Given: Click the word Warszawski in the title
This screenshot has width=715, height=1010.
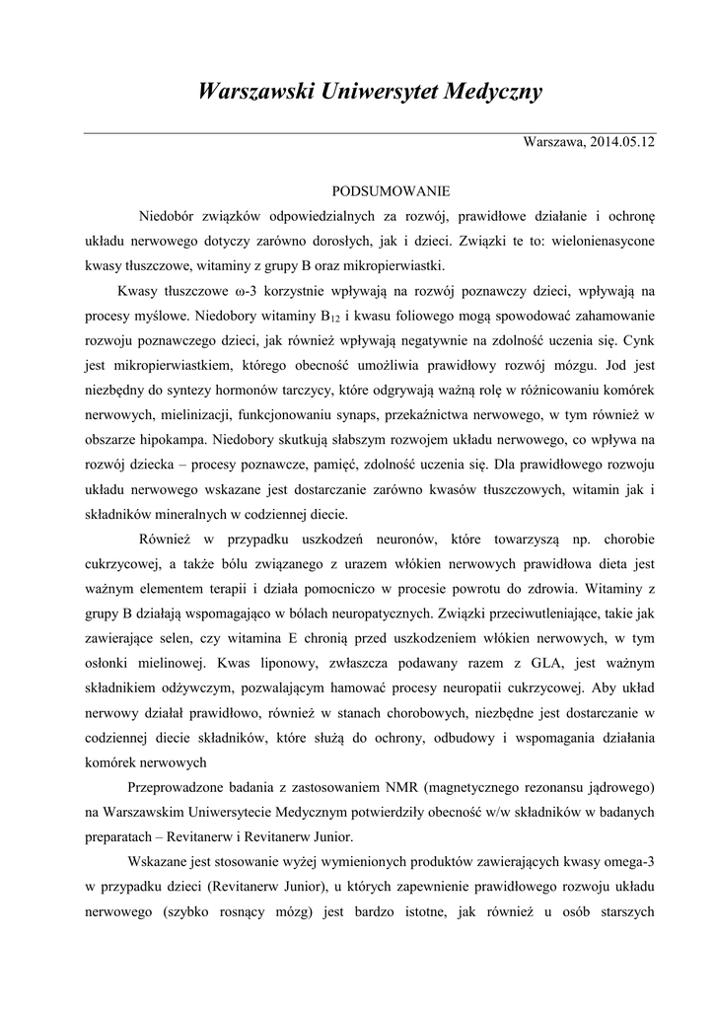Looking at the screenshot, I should click(x=252, y=92).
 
